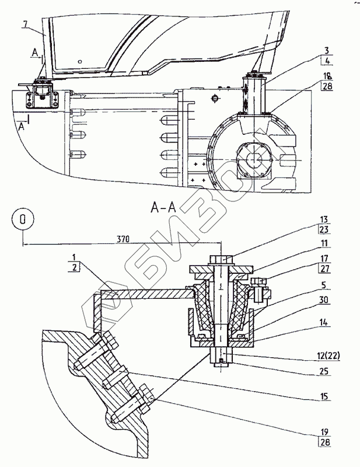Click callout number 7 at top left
tap(26, 24)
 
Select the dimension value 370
tap(123, 239)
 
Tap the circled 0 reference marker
tap(23, 219)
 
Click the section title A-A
tap(163, 208)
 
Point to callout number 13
tap(324, 219)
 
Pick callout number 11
tap(324, 243)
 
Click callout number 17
tap(324, 258)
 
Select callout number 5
tap(324, 285)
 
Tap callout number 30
tap(324, 299)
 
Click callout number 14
tap(324, 322)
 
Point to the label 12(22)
tap(327, 356)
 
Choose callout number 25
tap(324, 371)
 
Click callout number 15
tap(324, 396)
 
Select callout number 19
tap(324, 431)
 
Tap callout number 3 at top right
tap(327, 51)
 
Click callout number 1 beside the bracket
tap(74, 257)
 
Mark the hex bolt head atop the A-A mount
tap(222, 259)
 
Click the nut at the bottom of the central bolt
tap(221, 357)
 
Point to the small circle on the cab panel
tap(79, 62)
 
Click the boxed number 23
tap(324, 229)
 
